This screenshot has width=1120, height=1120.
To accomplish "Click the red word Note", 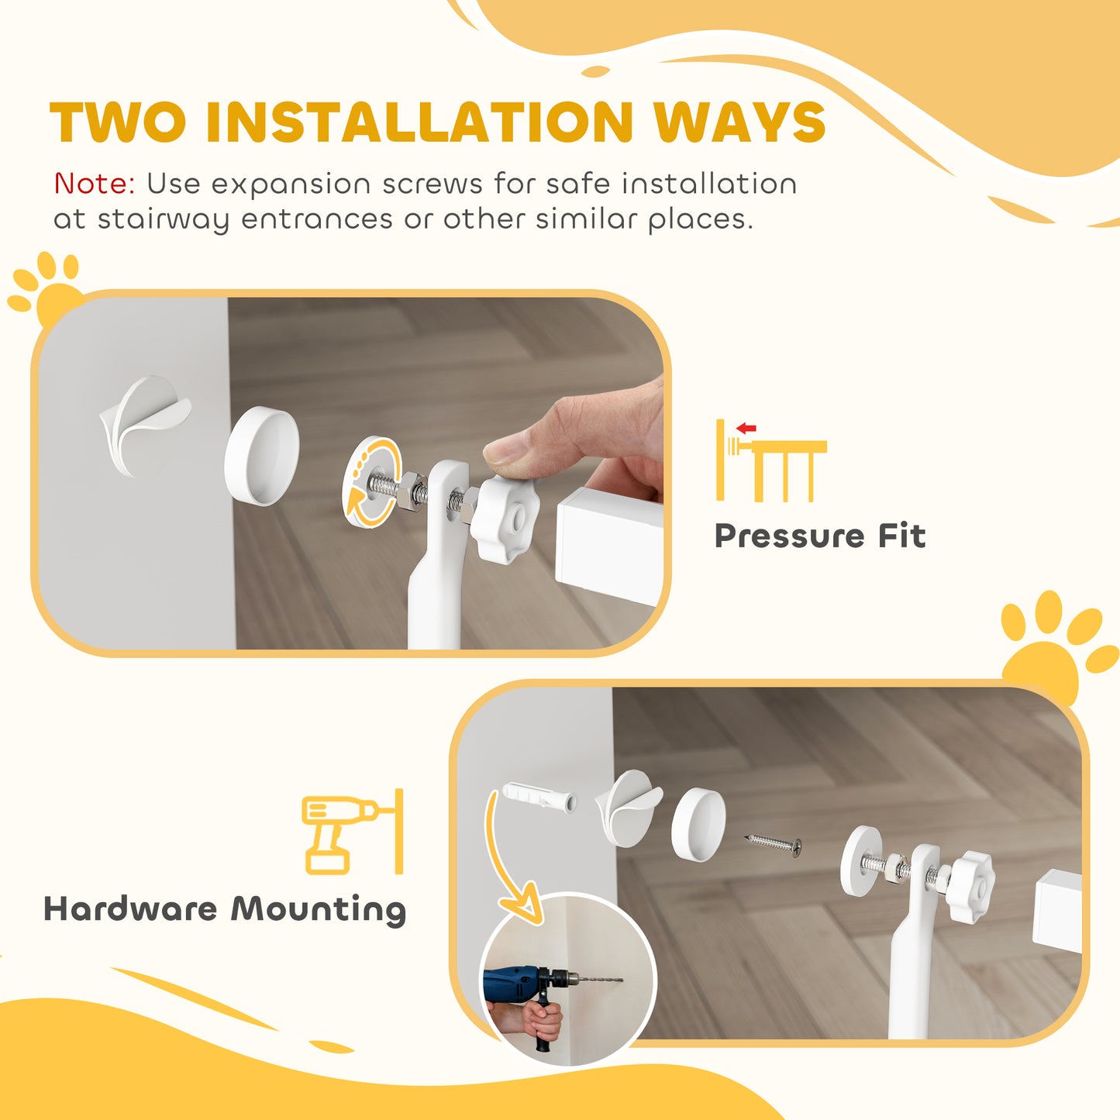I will [94, 184].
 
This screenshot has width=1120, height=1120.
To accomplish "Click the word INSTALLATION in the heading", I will [419, 122].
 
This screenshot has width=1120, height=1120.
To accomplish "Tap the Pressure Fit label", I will [819, 536].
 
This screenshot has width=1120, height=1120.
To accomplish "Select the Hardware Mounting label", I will [225, 909].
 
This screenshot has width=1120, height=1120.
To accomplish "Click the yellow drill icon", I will [341, 832].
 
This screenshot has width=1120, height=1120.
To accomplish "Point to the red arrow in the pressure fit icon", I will [746, 428].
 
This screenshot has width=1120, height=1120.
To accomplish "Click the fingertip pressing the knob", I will [505, 450].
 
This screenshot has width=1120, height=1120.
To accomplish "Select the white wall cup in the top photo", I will [262, 457].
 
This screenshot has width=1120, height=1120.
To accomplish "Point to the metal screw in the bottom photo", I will [774, 845].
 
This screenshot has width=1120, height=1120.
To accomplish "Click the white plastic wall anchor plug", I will [539, 798].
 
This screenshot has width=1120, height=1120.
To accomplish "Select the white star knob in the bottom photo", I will [970, 887].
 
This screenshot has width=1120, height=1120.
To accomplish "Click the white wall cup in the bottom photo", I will [698, 825].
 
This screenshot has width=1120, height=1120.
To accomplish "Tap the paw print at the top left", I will [47, 291].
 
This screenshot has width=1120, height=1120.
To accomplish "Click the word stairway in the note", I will [164, 219].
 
